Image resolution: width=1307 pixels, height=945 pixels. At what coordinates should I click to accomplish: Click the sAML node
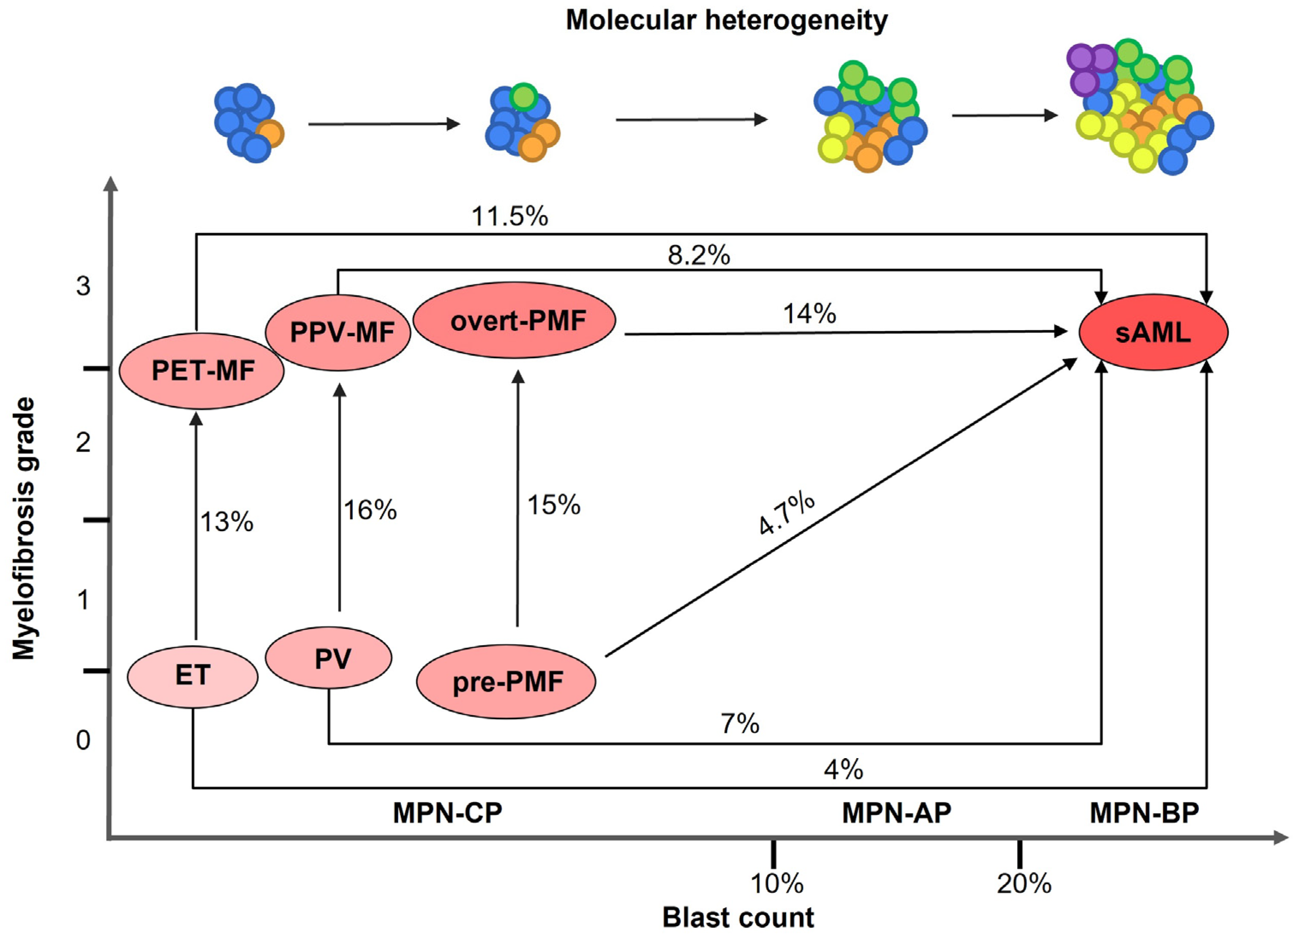point(1153,333)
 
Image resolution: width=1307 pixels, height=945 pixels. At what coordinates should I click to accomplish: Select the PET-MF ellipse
point(202,370)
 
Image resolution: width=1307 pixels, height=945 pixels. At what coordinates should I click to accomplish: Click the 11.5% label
point(509,217)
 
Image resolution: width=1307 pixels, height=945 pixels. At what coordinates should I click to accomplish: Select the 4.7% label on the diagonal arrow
point(786,514)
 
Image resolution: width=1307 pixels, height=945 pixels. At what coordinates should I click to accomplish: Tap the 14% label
point(809,314)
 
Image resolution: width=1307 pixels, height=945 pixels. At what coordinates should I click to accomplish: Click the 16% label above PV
point(370,511)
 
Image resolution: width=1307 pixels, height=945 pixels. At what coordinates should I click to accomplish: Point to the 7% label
point(739,724)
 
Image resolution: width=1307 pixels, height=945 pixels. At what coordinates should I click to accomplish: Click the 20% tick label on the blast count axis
point(1024,883)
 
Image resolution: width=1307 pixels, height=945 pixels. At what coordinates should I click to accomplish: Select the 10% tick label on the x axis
point(777,883)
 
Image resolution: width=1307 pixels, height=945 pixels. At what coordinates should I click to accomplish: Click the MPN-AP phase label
point(897,813)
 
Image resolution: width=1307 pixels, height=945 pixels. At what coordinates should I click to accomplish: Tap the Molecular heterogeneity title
point(727,21)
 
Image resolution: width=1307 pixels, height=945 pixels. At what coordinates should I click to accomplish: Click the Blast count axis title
point(738,917)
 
